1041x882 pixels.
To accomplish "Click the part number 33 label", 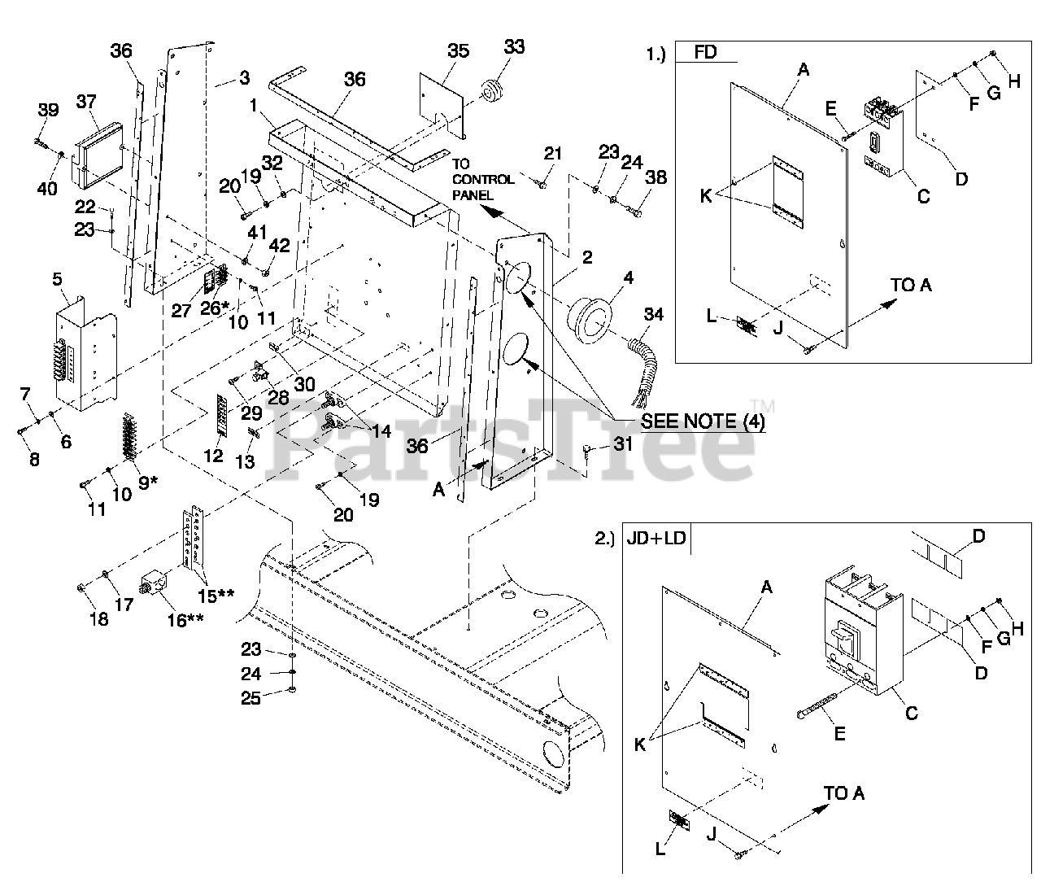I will pos(514,47).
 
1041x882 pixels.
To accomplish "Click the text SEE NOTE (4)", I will pos(703,422).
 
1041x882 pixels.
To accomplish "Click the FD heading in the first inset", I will pos(706,53).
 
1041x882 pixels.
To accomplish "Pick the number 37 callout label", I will pos(87,102).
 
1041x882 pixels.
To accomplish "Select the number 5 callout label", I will pos(57,279).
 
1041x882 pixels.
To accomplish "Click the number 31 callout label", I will pos(623,445).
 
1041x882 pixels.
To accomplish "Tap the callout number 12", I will pos(213,456).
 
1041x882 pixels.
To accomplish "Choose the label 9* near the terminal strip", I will pos(148,482).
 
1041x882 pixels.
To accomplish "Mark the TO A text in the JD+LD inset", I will pos(843,792).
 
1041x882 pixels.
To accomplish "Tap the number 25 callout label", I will pos(251,697).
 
